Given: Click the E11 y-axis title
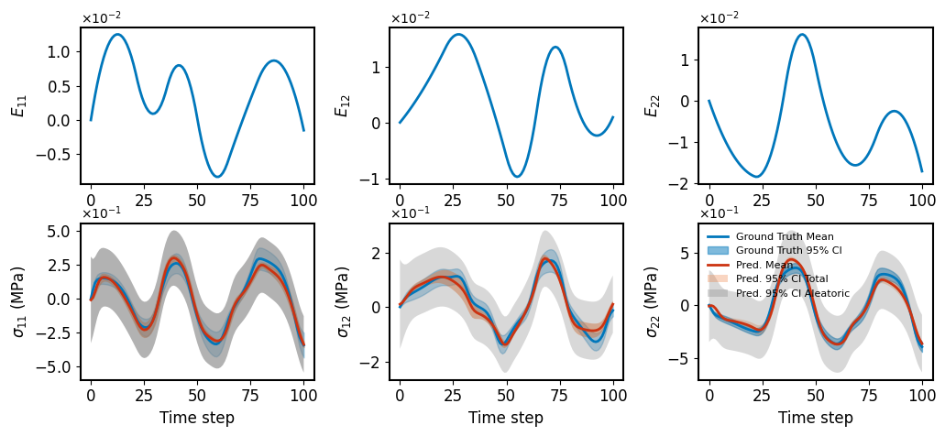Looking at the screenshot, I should pyautogui.click(x=18, y=105).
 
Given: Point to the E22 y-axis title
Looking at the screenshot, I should pyautogui.click(x=653, y=105).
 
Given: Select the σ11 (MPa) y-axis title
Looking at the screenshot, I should pyautogui.click(x=18, y=301).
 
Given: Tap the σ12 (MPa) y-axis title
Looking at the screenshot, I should pyautogui.click(x=344, y=301).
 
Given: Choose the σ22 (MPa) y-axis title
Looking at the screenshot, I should pyautogui.click(x=653, y=301).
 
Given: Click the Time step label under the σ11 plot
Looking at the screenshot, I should pyautogui.click(x=197, y=418).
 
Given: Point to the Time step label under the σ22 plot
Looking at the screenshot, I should pyautogui.click(x=816, y=418).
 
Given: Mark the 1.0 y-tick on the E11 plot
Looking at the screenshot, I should pyautogui.click(x=59, y=52).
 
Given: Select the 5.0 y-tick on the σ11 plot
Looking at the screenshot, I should pyautogui.click(x=59, y=232).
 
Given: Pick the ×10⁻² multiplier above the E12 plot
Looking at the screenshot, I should pyautogui.click(x=410, y=18).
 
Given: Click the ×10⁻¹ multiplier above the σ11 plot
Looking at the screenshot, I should pyautogui.click(x=101, y=214).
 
